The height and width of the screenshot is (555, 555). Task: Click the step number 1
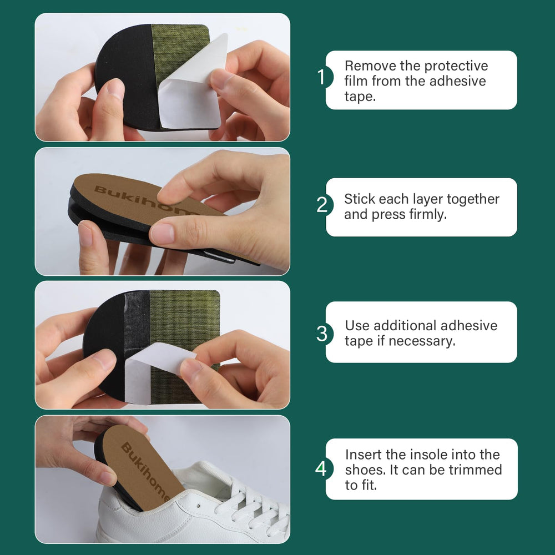321,77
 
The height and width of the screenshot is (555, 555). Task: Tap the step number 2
322,205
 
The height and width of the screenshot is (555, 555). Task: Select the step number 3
322,334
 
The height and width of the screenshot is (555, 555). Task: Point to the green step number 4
321,468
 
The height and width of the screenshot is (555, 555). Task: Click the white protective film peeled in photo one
191,92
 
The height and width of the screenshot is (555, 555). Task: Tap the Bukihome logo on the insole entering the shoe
145,471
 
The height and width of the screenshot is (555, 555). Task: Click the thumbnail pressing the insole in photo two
162,233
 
